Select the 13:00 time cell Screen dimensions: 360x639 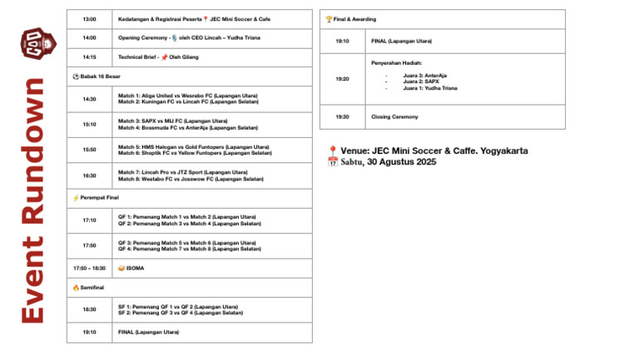(89, 18)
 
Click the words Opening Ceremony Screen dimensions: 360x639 (142, 37)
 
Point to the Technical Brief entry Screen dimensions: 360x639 (141, 57)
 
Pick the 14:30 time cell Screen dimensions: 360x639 (89, 99)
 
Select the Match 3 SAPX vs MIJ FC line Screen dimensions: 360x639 (172, 121)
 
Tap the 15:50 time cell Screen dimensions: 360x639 (89, 150)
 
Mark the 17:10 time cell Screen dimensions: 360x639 (89, 220)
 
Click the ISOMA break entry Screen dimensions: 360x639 (135, 269)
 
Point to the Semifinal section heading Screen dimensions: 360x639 (92, 288)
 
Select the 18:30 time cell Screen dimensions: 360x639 (89, 309)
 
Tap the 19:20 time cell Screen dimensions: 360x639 (343, 79)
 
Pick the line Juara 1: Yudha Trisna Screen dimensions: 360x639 (430, 88)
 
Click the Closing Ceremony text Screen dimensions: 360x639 (394, 117)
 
